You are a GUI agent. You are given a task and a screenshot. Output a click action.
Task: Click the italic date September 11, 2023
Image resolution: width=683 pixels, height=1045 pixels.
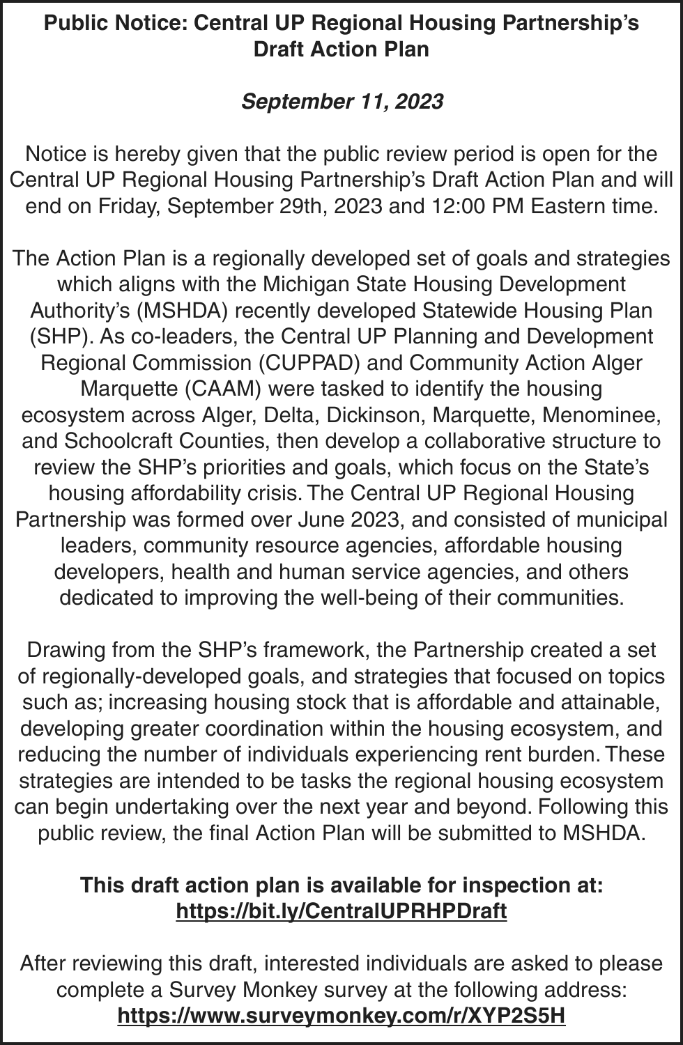pos(341,102)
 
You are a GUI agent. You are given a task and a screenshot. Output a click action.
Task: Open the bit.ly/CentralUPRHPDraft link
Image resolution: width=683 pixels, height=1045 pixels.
pos(341,911)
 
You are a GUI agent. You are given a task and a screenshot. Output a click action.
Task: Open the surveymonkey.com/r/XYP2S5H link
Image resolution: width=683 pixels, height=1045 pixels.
pos(341,1016)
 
